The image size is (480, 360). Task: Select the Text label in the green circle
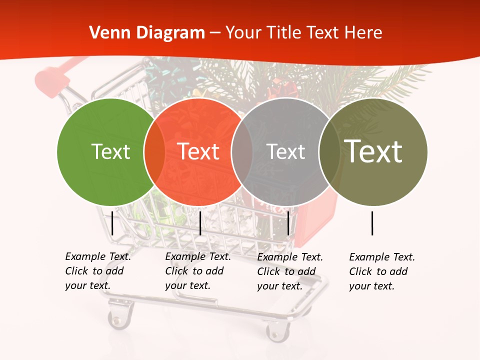(110, 151)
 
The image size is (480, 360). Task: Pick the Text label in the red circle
(198, 151)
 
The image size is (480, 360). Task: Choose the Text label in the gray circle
(285, 151)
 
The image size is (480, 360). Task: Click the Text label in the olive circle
(373, 151)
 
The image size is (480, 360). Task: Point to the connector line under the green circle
(112, 223)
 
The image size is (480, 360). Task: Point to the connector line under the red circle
(200, 223)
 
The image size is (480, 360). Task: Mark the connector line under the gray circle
(288, 223)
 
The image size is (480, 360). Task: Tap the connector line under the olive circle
(372, 223)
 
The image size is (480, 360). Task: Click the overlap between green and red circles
(154, 151)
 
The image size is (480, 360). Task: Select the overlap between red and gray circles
(242, 151)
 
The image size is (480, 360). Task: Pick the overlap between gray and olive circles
(329, 151)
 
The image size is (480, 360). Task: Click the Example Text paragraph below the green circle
(97, 271)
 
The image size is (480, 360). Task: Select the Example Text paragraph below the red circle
(197, 271)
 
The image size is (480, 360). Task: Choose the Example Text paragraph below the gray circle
(289, 271)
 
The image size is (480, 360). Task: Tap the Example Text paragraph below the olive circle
(381, 271)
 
